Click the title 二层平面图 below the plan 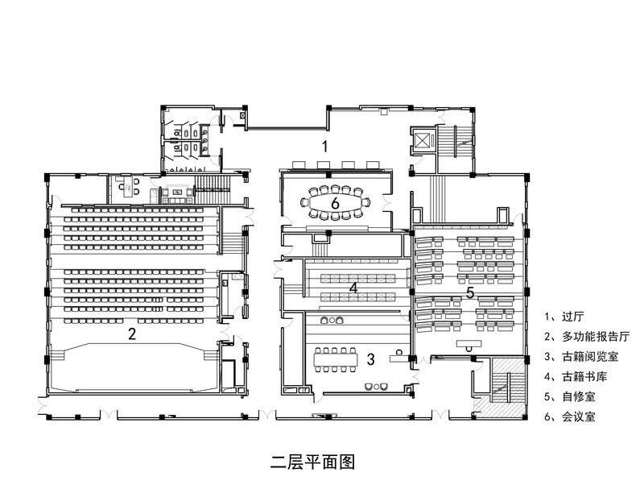coord(312,462)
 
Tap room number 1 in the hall coord(324,146)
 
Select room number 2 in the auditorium coord(132,333)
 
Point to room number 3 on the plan coord(370,358)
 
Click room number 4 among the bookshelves coord(353,287)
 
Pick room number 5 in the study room coord(470,291)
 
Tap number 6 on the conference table coord(335,203)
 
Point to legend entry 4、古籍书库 coord(576,376)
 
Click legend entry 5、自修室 coord(571,396)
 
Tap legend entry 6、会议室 coord(571,417)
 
